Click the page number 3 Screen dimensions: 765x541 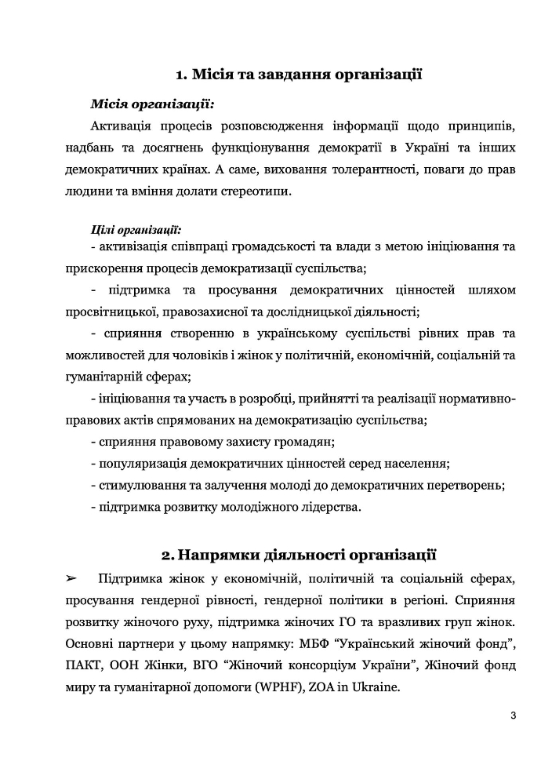pos(512,715)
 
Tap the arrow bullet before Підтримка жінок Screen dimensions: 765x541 pos(71,579)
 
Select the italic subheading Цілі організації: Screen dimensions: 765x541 pos(136,230)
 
